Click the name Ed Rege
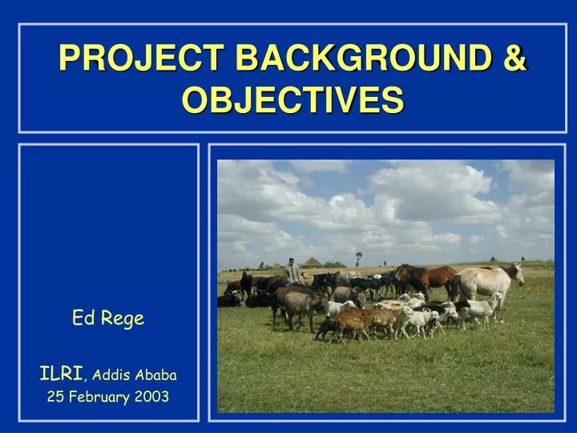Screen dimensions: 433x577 tap(108, 318)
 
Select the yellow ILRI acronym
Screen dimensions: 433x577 tap(62, 373)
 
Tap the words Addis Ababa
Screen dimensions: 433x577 tap(135, 374)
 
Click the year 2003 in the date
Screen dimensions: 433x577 tap(152, 396)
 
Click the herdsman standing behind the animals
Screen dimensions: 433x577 tap(293, 270)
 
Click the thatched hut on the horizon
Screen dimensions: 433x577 tap(313, 261)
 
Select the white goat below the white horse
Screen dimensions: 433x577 tap(481, 306)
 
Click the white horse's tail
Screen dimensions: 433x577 tap(455, 288)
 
